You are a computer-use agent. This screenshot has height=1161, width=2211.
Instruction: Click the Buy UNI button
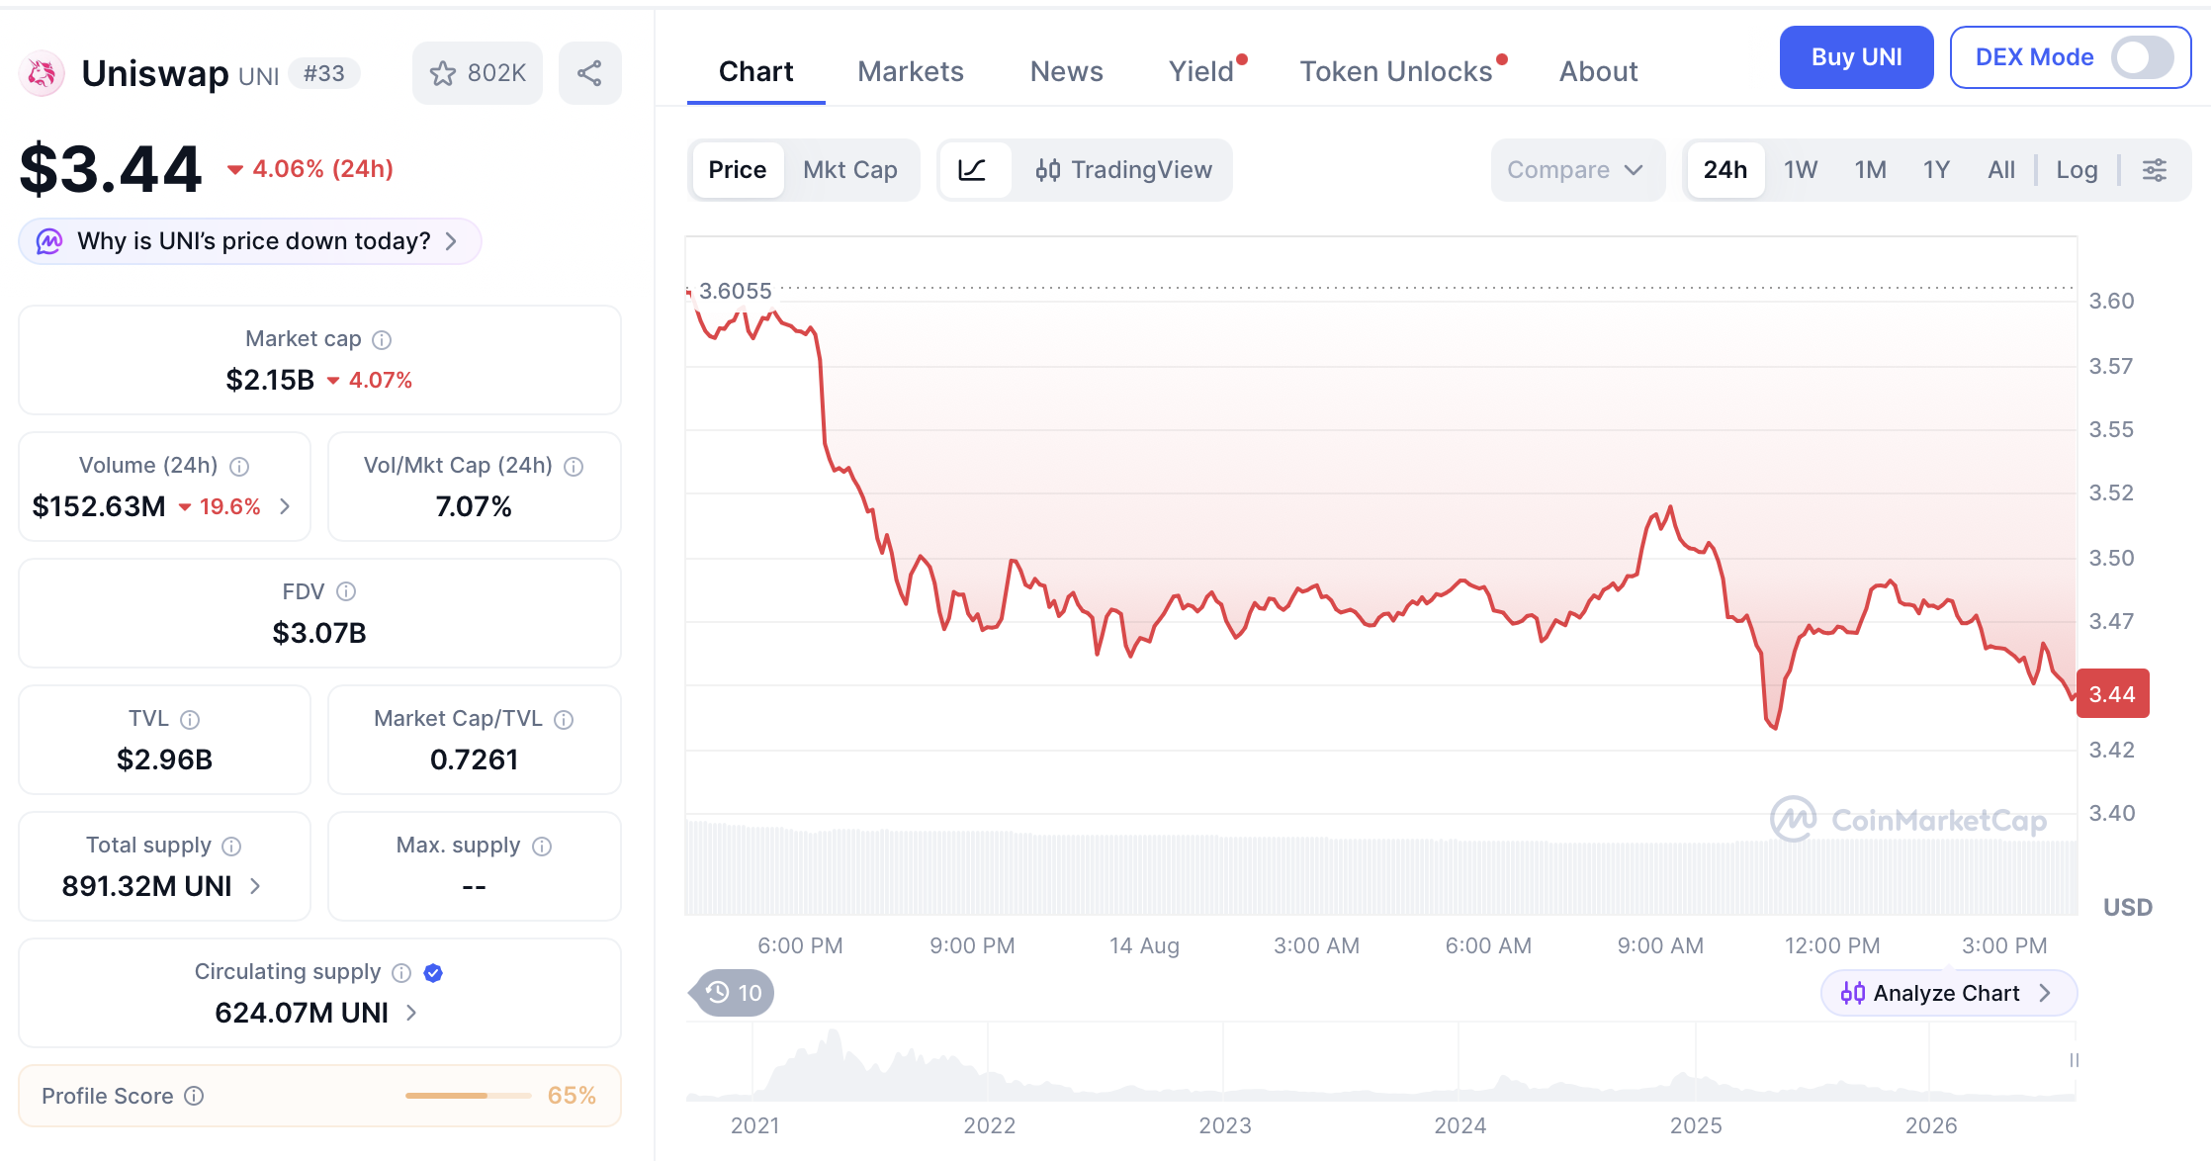pyautogui.click(x=1856, y=57)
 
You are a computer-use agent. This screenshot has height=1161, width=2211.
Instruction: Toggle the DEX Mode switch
pyautogui.click(x=2142, y=57)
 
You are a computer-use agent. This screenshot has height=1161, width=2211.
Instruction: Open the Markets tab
pyautogui.click(x=910, y=71)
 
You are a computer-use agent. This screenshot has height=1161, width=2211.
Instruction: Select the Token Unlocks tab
pyautogui.click(x=1395, y=71)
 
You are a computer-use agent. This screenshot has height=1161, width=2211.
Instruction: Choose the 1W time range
pyautogui.click(x=1801, y=170)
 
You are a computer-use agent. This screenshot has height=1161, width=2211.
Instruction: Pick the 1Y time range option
pyautogui.click(x=1936, y=170)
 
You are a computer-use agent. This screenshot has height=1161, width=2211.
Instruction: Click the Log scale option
pyautogui.click(x=2077, y=170)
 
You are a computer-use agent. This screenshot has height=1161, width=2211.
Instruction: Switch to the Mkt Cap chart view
pyautogui.click(x=850, y=170)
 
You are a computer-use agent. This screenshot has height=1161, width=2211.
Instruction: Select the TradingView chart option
pyautogui.click(x=1123, y=170)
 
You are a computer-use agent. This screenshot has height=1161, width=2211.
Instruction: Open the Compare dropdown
pyautogui.click(x=1576, y=170)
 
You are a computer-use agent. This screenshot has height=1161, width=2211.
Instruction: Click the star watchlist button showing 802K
pyautogui.click(x=478, y=73)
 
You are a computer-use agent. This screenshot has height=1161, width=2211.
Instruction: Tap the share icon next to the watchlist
pyautogui.click(x=590, y=73)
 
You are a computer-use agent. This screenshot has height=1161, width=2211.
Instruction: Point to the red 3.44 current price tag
pyautogui.click(x=2113, y=694)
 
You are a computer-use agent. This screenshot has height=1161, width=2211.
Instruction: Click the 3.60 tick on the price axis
pyautogui.click(x=2111, y=301)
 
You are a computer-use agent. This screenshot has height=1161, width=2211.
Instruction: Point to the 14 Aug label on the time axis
pyautogui.click(x=1144, y=946)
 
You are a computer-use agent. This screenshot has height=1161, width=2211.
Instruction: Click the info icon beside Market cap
pyautogui.click(x=382, y=340)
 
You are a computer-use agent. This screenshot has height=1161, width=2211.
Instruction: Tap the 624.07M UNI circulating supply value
pyautogui.click(x=302, y=1013)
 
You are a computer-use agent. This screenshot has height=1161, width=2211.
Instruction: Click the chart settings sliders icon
pyautogui.click(x=2155, y=170)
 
